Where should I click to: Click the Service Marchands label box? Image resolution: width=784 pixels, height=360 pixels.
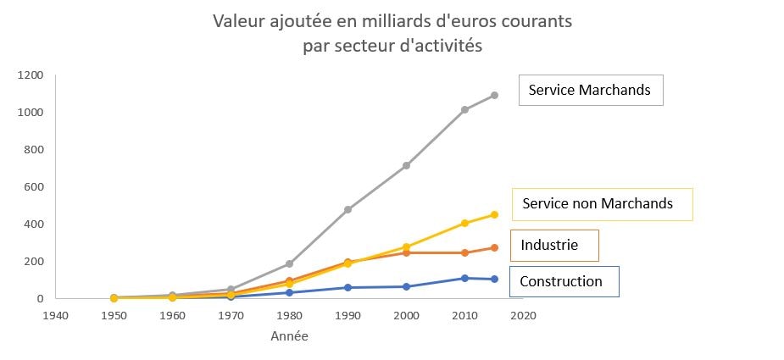[590, 90]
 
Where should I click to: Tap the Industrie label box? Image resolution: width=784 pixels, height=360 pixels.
[553, 246]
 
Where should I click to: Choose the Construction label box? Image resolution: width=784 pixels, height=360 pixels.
[564, 281]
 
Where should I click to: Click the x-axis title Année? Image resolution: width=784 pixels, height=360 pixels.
[289, 336]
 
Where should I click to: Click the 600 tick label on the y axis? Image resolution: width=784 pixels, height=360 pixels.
[35, 187]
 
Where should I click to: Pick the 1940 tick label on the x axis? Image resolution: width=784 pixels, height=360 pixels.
[55, 315]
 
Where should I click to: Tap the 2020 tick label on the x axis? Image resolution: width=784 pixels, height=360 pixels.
[523, 315]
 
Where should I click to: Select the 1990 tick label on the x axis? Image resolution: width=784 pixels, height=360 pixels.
[348, 315]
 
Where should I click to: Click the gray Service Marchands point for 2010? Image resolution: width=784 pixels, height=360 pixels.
[464, 109]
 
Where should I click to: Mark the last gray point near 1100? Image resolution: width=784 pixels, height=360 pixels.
[494, 95]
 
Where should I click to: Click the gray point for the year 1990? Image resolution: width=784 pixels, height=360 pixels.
[348, 209]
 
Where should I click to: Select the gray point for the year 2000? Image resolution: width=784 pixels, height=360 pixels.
[406, 165]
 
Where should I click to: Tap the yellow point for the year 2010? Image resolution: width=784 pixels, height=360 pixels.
[464, 223]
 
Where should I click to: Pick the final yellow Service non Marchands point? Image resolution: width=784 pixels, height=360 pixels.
[494, 214]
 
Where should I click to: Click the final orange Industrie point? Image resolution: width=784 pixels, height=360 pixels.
[494, 247]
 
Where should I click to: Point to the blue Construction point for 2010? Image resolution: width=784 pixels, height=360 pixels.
[464, 278]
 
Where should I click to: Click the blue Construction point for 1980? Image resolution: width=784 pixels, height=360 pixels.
[289, 292]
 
